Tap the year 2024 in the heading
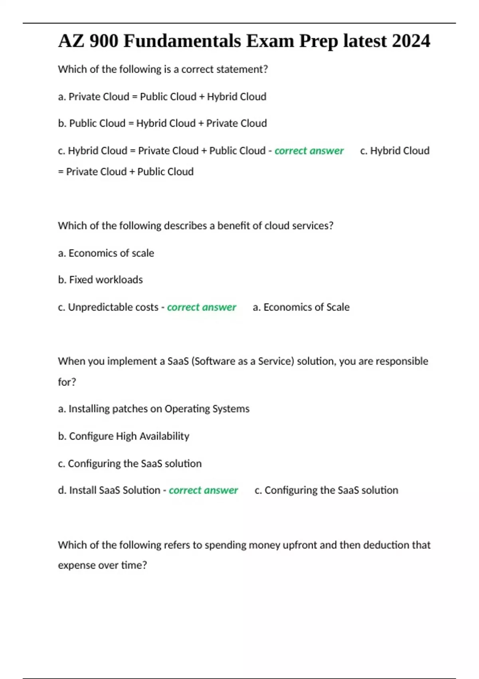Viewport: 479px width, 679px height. coord(411,41)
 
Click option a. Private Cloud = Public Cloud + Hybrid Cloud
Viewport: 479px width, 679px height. coord(162,97)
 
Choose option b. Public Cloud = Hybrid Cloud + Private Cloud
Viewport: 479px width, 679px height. coord(162,123)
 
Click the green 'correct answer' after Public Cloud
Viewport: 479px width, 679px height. coord(309,151)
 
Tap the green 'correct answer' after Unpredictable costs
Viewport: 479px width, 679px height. coord(202,307)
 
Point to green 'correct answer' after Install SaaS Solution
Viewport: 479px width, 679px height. coord(203,490)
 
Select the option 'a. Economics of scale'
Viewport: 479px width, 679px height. coord(106,253)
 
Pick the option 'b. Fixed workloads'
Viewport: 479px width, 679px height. coord(100,280)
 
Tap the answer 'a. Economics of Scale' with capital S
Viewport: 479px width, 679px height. coord(301,307)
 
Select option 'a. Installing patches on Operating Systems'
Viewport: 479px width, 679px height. coord(153,409)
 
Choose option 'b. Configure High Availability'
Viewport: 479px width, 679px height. coord(123,436)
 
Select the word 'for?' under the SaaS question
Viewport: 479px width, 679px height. coord(67,382)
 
